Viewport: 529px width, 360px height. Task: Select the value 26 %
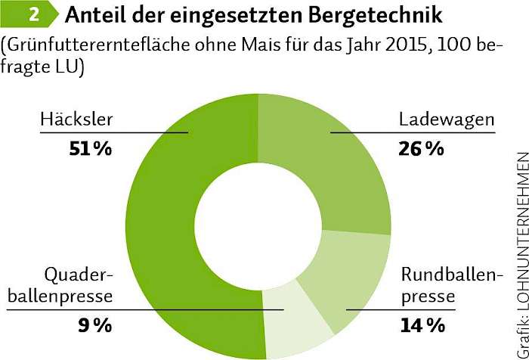[x=421, y=149]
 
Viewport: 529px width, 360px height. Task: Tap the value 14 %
[x=421, y=326]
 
